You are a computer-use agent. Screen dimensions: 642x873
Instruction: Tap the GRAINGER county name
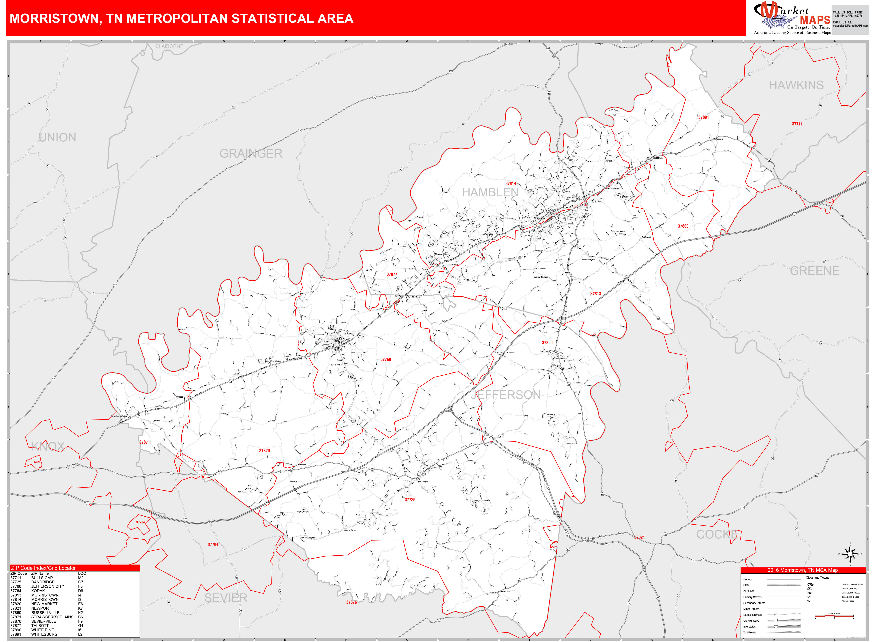click(x=251, y=153)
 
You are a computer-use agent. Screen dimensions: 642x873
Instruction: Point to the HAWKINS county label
click(x=796, y=85)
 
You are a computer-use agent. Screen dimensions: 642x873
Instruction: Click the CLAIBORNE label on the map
click(x=169, y=46)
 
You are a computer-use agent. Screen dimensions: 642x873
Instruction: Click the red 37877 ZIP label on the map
click(x=391, y=274)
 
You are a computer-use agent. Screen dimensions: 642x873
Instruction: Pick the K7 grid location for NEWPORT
click(x=81, y=608)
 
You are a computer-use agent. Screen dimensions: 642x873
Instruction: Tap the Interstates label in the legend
click(x=749, y=626)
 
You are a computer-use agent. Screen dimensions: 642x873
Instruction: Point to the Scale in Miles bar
click(x=834, y=616)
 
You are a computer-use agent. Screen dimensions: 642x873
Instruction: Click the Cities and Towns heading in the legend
click(x=817, y=577)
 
